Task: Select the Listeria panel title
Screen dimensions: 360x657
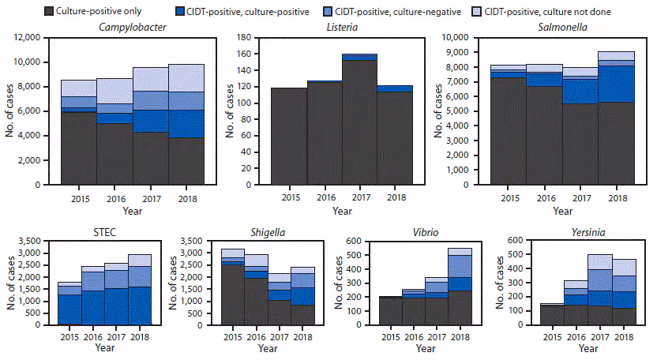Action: pyautogui.click(x=342, y=28)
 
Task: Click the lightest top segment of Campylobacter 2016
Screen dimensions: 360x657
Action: pyautogui.click(x=115, y=91)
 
